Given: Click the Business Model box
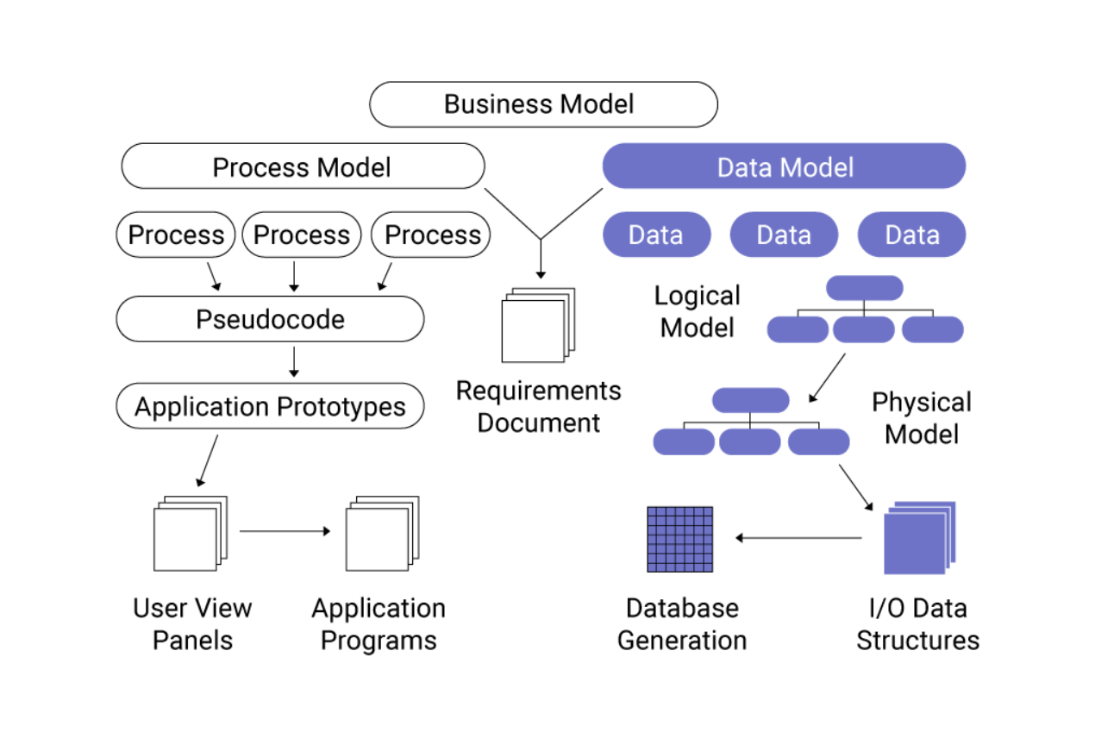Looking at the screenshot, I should (543, 104).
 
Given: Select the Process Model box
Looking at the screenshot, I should (303, 166).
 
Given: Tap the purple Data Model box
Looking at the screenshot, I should (784, 166).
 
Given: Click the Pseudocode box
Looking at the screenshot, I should (270, 319).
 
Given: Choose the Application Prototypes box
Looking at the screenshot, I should (270, 407).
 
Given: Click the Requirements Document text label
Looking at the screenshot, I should (538, 407).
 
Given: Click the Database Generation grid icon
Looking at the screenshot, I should (680, 539).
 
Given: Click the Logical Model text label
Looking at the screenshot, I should (697, 311).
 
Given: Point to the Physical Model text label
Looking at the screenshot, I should (921, 418).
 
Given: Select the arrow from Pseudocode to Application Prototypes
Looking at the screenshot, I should (294, 361).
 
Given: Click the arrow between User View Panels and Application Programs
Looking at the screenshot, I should (285, 531).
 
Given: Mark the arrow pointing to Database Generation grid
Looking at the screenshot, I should (798, 538).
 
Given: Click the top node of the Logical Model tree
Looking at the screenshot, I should (864, 288).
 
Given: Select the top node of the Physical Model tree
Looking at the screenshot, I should (750, 400).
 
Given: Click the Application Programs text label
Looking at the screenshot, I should (379, 624).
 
